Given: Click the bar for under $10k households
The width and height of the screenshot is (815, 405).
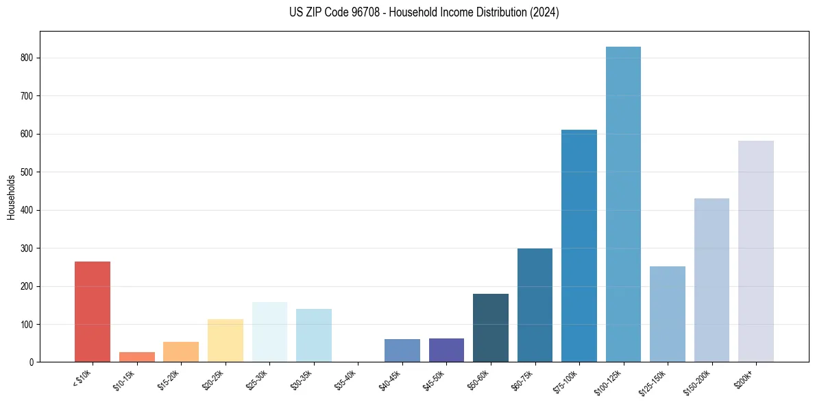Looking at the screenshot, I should pos(93,312).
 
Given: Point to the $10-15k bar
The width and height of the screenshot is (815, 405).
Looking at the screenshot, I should pos(137,357).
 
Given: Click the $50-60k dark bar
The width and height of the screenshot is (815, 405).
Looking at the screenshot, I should pos(491,327).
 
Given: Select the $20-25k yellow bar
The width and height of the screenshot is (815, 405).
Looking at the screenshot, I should pos(226,340).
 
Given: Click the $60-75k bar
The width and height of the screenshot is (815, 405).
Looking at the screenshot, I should pos(535,305).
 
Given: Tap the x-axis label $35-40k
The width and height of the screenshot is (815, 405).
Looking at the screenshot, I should pos(346,379).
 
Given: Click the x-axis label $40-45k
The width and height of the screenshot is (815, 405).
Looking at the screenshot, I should pos(391,379).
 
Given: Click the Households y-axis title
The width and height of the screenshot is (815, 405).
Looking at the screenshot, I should pos(11,197).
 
